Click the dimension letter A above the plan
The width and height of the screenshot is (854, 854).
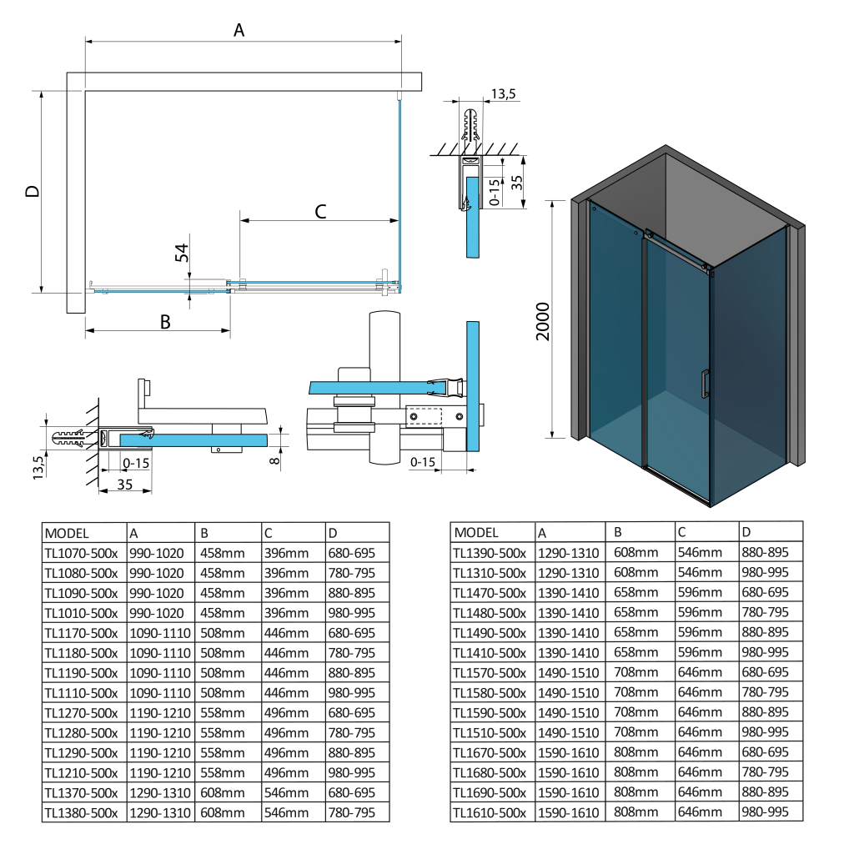pyautogui.click(x=239, y=31)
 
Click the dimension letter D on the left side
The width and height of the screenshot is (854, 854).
pyautogui.click(x=32, y=191)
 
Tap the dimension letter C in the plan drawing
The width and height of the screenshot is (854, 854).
pyautogui.click(x=320, y=211)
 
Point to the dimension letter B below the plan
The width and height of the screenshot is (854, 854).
pyautogui.click(x=165, y=322)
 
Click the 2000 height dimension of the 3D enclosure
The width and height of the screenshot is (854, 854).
pyautogui.click(x=543, y=320)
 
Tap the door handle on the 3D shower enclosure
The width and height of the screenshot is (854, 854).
pyautogui.click(x=705, y=383)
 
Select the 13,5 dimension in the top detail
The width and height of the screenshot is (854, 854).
pyautogui.click(x=504, y=94)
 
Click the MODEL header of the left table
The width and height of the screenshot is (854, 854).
pyautogui.click(x=68, y=533)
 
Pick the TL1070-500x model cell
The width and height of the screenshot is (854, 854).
pyautogui.click(x=82, y=553)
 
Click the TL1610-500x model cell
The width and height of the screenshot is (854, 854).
pyautogui.click(x=490, y=811)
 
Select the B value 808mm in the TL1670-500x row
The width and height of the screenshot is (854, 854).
pyautogui.click(x=635, y=751)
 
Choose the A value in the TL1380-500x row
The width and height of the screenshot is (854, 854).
pyautogui.click(x=159, y=812)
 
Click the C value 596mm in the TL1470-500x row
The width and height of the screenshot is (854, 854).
pyautogui.click(x=700, y=592)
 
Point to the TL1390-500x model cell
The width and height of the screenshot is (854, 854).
pyautogui.click(x=490, y=552)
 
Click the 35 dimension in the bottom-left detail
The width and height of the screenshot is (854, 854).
pyautogui.click(x=126, y=483)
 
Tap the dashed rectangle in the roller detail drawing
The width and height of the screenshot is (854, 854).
pyautogui.click(x=426, y=414)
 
